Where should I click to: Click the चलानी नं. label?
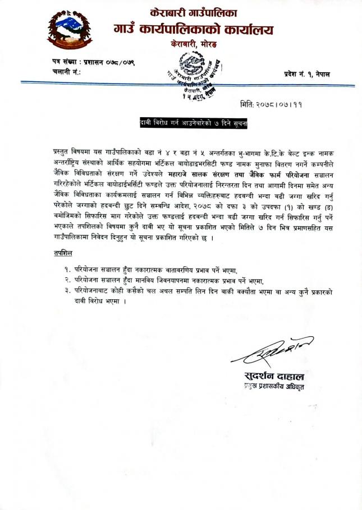pyautogui.click(x=63, y=72)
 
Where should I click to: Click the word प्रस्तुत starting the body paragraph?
pyautogui.click(x=58, y=152)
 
